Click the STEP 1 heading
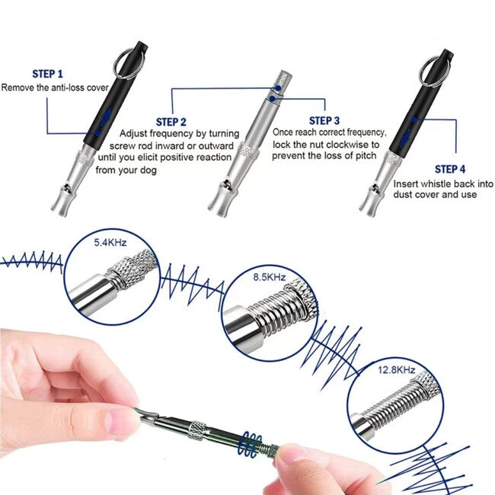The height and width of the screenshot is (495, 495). [x=48, y=74]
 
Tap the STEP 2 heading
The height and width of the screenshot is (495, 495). [x=171, y=122]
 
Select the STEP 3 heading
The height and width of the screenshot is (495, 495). [x=324, y=120]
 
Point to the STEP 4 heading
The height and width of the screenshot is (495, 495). [x=450, y=169]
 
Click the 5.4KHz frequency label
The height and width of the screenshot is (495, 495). [x=110, y=242]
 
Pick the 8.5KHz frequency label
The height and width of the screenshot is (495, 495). [x=270, y=277]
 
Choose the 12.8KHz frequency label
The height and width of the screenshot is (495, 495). [x=396, y=369]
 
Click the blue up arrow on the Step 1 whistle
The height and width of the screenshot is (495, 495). [x=107, y=117]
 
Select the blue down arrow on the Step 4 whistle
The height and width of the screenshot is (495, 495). [x=405, y=139]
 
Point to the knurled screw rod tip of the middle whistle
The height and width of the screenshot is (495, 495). [x=282, y=81]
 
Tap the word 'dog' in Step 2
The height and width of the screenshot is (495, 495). [x=148, y=170]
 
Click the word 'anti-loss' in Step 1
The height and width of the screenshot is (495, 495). [x=67, y=88]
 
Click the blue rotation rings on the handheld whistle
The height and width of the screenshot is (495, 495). [x=249, y=445]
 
